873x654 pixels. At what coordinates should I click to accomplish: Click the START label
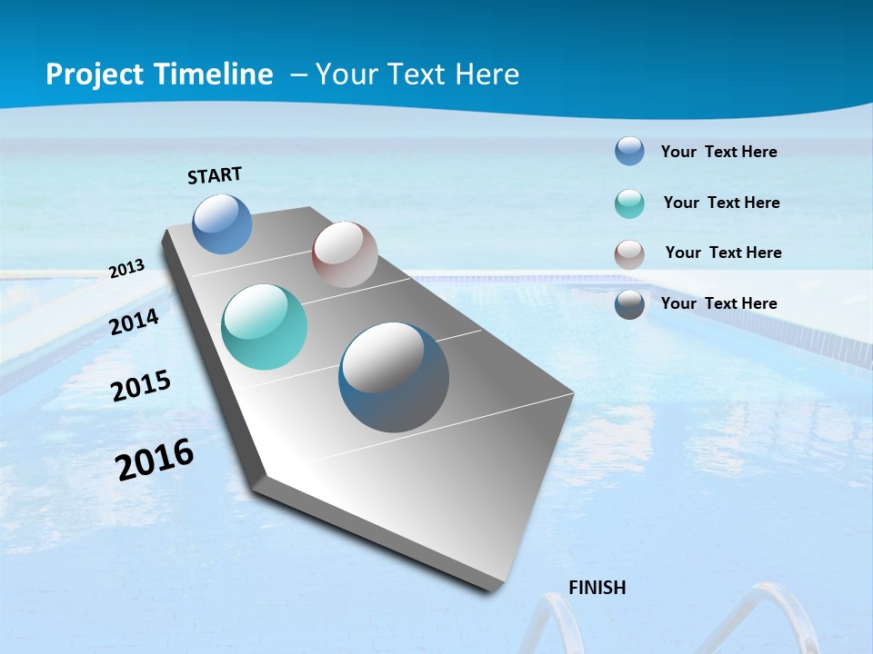215,174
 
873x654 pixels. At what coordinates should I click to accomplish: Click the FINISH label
597,588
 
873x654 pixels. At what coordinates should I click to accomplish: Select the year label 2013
126,269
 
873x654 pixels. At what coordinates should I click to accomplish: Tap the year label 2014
135,322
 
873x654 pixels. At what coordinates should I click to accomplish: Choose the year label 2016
155,459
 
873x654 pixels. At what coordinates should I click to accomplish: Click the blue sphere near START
223,223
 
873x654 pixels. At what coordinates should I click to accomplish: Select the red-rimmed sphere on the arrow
345,254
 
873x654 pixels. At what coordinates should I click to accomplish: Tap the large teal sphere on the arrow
264,327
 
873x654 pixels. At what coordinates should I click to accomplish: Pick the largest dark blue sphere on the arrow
394,377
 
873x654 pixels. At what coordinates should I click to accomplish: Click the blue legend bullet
629,151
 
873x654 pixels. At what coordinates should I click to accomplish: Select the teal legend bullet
629,203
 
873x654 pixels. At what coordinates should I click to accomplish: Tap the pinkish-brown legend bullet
629,254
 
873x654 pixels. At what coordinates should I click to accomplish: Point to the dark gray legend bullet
629,304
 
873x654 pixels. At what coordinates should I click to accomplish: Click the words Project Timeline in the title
159,74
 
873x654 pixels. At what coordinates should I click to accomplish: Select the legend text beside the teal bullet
721,203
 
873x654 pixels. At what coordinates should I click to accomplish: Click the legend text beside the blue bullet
718,152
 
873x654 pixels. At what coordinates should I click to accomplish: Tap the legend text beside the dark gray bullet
718,303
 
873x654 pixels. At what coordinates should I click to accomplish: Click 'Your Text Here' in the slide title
417,74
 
